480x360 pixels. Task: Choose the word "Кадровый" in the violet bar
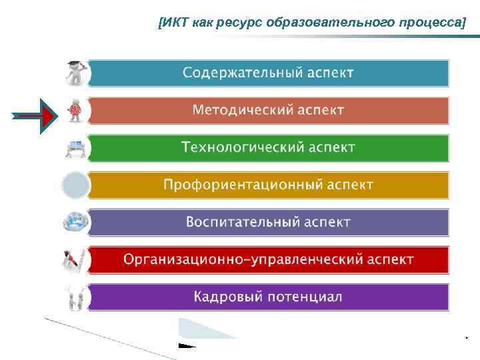[227, 296]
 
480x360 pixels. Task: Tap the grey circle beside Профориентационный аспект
[75, 185]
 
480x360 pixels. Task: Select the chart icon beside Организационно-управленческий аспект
[75, 259]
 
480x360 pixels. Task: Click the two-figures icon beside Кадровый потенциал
[75, 297]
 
